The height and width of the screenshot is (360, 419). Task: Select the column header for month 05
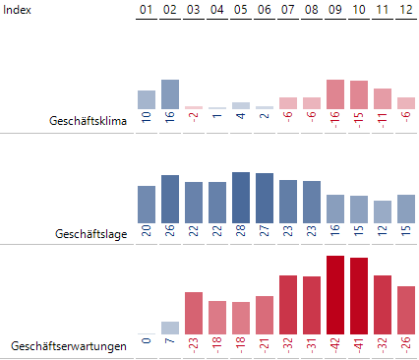point(241,10)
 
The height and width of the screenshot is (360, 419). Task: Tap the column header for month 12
point(406,10)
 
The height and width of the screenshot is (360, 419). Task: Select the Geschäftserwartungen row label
point(69,347)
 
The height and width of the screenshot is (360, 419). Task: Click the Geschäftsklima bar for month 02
point(170,94)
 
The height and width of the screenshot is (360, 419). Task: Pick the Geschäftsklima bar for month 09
point(335,94)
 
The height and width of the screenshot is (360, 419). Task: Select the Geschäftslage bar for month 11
point(383,211)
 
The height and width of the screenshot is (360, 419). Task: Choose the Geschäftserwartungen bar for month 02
point(170,328)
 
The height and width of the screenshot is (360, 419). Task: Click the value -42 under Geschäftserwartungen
point(335,347)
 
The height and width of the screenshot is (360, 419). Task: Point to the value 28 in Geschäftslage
point(241,234)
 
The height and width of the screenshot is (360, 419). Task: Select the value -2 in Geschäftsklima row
point(194,120)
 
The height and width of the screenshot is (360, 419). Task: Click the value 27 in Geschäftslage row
point(265,234)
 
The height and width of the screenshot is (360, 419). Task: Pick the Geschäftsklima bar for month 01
point(147,99)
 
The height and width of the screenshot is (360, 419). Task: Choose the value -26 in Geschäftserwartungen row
point(406,347)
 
